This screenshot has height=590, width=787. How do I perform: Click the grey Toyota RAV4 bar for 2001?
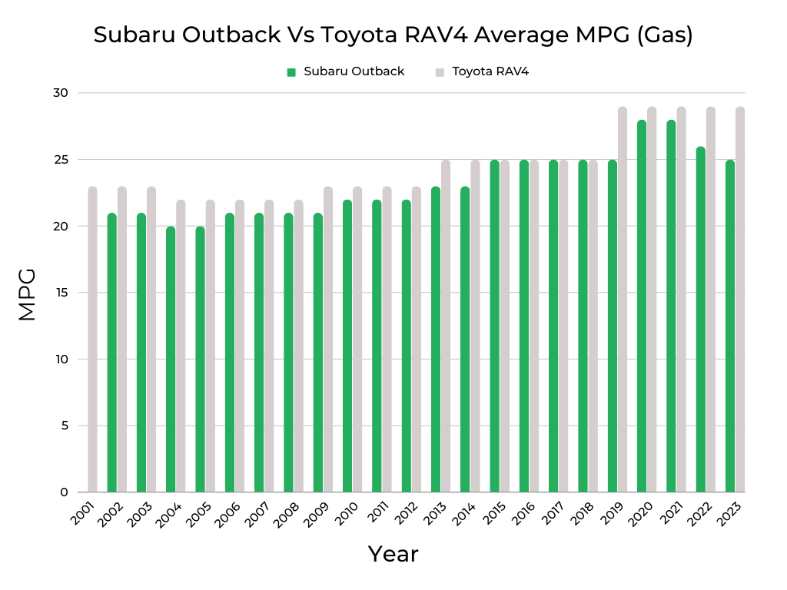coord(92,339)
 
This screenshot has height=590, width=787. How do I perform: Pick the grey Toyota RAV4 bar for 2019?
coord(623,300)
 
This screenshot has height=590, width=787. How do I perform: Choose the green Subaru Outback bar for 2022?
coord(701,319)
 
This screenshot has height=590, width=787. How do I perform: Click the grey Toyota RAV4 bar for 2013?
coord(446,326)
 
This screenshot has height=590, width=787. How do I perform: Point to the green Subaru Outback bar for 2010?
coord(347,346)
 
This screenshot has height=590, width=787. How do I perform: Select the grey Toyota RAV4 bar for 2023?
coord(740,300)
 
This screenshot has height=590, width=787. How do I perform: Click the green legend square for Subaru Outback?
coord(291,72)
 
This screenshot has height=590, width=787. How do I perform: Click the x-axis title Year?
coord(393,554)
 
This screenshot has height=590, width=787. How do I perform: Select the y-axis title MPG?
coord(27,293)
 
